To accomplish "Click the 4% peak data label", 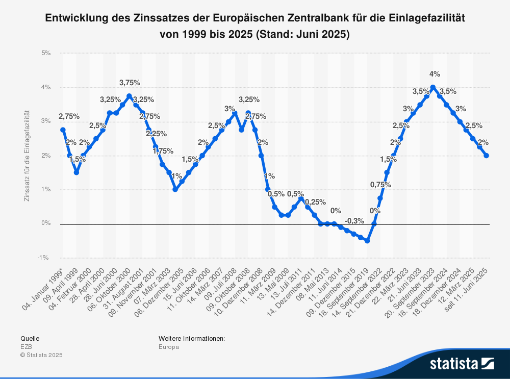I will (x=435, y=74).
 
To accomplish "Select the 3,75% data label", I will (x=130, y=83).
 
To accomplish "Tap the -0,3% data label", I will (x=354, y=221).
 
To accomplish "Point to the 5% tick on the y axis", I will (x=46, y=53).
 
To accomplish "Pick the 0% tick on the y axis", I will (x=46, y=223).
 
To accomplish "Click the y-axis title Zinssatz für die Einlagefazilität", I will (x=27, y=155).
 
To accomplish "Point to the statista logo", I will (x=461, y=363).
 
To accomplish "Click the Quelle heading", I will (x=30, y=338).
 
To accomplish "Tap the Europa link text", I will (x=169, y=347).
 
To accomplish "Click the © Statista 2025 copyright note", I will (x=41, y=355).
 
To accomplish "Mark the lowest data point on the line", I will (x=367, y=241).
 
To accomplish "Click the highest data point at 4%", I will (x=433, y=87).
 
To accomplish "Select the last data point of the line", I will (x=486, y=156).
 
